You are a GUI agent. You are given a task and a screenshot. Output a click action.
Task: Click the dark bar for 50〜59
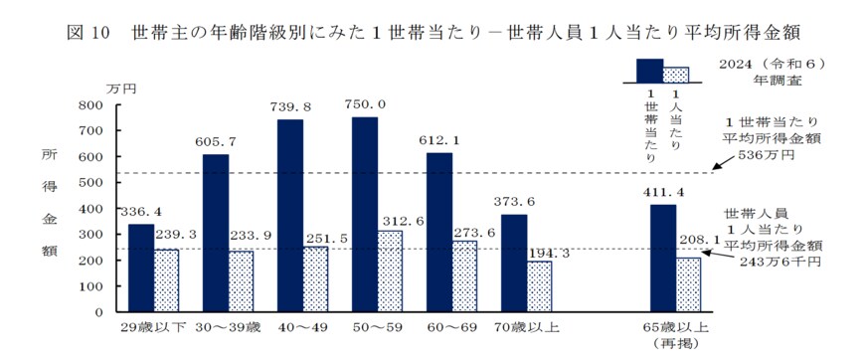click(x=364, y=214)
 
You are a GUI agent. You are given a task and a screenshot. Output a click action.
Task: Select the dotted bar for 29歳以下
click(x=166, y=279)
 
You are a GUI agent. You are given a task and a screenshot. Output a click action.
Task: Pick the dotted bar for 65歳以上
click(x=688, y=283)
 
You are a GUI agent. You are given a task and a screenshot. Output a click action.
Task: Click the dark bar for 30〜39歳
click(x=216, y=233)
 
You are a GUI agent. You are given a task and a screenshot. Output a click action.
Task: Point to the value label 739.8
click(x=290, y=106)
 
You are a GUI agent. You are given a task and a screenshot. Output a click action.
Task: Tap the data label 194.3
click(x=541, y=254)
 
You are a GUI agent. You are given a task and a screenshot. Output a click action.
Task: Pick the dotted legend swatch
click(x=676, y=74)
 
